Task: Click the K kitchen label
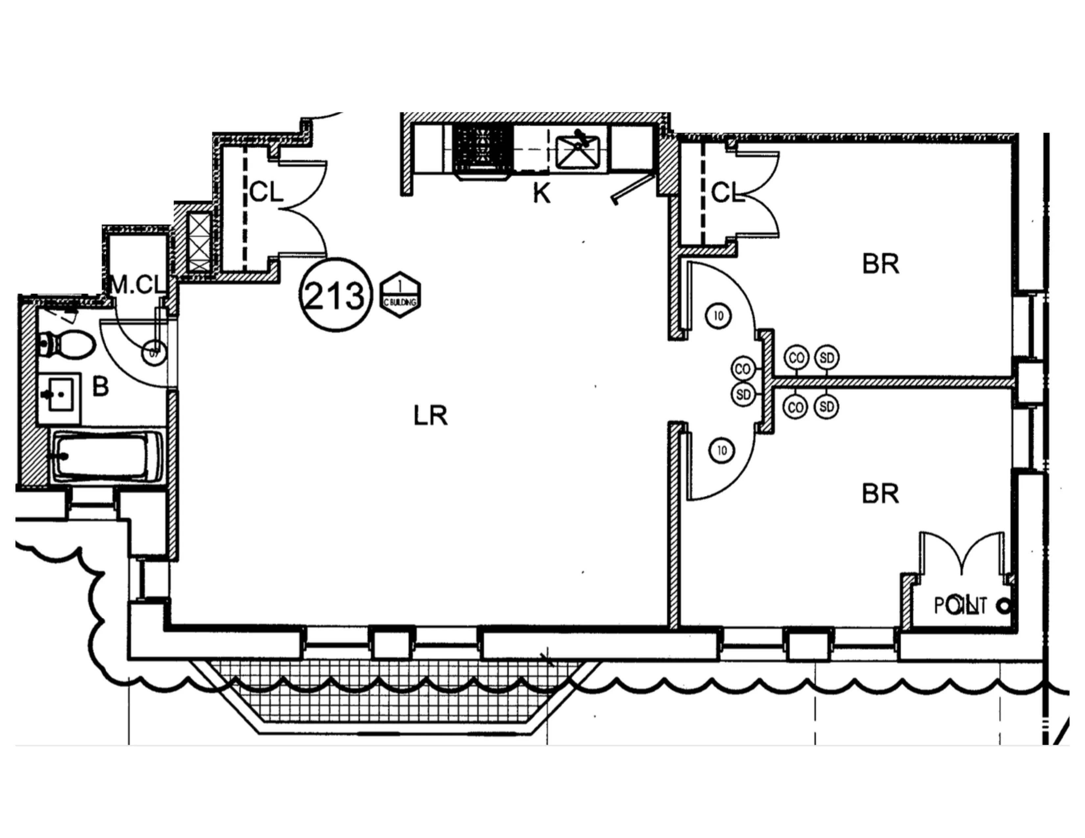coord(542,194)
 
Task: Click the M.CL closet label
coord(138,286)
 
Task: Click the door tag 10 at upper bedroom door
coord(718,316)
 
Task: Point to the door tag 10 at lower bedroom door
coord(722,450)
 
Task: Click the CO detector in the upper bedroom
coord(796,358)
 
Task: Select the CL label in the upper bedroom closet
coord(727,193)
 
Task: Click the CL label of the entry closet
coord(266,192)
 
